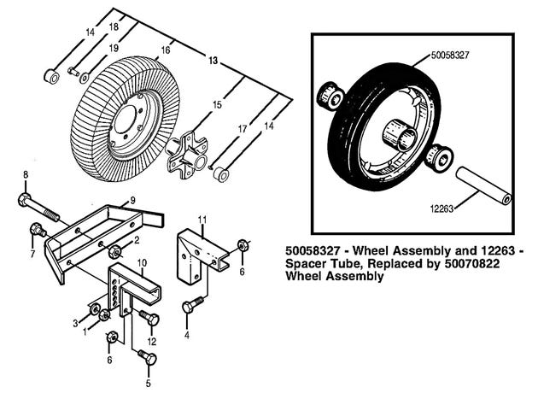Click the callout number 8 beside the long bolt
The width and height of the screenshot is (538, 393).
click(x=26, y=174)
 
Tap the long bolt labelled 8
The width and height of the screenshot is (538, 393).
click(x=38, y=208)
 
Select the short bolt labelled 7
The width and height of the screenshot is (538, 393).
click(x=38, y=231)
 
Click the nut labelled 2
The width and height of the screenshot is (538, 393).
click(x=115, y=252)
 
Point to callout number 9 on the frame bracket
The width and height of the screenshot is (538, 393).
click(x=132, y=200)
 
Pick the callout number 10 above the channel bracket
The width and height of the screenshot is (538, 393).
click(x=142, y=263)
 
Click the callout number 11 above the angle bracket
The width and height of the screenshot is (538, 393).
click(x=202, y=220)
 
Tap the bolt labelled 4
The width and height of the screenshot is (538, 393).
click(x=193, y=305)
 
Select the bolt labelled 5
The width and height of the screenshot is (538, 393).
click(x=148, y=357)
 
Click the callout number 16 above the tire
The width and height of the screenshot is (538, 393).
click(x=166, y=50)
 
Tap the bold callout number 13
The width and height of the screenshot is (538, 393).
click(x=213, y=61)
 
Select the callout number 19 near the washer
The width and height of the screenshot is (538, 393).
click(x=114, y=48)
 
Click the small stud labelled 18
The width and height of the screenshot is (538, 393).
click(x=73, y=72)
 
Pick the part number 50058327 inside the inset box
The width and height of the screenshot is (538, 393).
click(x=449, y=56)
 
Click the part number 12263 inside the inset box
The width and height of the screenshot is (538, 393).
click(x=442, y=208)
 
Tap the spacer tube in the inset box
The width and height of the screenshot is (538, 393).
click(x=483, y=186)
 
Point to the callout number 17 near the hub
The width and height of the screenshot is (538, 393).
click(x=243, y=129)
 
